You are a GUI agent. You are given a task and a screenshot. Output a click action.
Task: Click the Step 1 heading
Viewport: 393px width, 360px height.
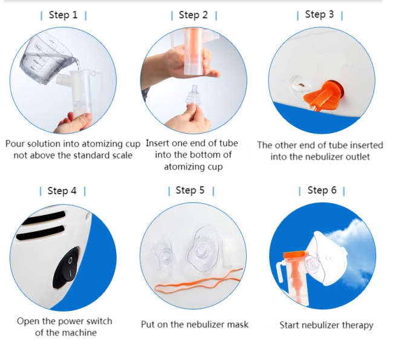tap(63, 15)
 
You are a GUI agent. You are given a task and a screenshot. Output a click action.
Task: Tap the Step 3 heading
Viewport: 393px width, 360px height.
tap(319, 15)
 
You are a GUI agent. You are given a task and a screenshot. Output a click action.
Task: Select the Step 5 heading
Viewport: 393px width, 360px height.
tap(190, 190)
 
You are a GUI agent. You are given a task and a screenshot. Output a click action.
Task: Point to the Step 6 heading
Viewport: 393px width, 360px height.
tap(322, 190)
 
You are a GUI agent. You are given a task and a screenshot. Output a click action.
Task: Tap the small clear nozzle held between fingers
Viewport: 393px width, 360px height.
tap(193, 96)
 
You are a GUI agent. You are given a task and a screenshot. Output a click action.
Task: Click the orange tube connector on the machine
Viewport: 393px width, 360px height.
tap(323, 96)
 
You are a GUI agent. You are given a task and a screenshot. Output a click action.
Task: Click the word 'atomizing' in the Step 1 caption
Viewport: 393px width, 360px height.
tap(103, 144)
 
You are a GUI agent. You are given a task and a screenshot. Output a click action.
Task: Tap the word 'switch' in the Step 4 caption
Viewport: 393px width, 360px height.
tap(99, 321)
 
